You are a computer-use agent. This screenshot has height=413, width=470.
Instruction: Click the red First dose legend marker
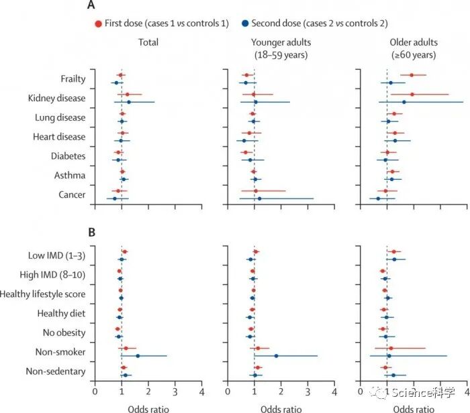pos(98,23)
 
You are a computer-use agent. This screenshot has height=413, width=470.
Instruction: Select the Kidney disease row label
pos(57,99)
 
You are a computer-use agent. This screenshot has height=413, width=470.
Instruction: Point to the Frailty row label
pos(73,79)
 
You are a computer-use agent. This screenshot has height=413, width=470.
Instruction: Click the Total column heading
pos(148,42)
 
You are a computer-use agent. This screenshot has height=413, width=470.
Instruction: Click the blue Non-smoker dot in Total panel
pos(138,356)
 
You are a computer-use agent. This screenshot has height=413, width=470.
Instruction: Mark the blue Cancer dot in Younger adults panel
pos(259,198)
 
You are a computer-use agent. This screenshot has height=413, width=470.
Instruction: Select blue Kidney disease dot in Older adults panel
pos(404,103)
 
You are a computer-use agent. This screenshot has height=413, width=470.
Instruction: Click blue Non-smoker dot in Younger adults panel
pos(276,356)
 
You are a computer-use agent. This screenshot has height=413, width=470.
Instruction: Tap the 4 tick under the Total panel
pos(201,391)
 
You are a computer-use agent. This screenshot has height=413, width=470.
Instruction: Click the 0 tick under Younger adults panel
pos(228,391)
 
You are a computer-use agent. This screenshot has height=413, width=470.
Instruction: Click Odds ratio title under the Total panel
pos(148,408)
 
